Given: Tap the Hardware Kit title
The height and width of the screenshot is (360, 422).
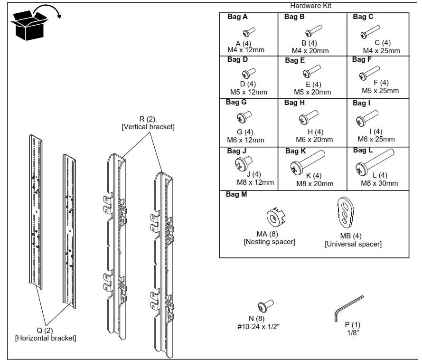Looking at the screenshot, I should (x=311, y=6).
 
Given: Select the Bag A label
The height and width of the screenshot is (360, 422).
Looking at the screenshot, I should (x=237, y=17).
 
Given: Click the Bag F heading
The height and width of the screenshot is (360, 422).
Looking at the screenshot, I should (x=362, y=59).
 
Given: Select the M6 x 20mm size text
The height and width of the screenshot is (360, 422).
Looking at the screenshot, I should (x=314, y=140).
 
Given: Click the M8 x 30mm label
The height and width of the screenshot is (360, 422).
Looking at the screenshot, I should (x=379, y=183).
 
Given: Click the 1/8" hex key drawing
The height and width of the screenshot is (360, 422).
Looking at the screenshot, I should (x=348, y=308).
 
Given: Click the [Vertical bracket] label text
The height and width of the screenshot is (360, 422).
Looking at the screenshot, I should (x=148, y=127).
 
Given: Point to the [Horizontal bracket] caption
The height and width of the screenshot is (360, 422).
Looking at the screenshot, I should (x=46, y=338).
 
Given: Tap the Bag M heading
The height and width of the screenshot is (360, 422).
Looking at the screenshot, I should (x=236, y=194).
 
